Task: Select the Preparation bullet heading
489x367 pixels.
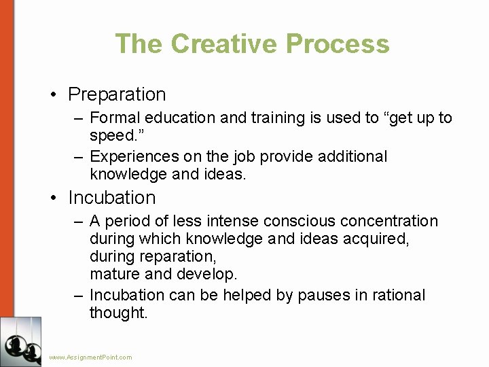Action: (117, 94)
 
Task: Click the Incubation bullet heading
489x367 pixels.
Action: (112, 198)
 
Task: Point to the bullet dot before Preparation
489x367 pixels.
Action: (54, 95)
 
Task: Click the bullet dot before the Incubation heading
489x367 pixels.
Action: (54, 198)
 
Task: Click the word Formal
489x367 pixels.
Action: (113, 118)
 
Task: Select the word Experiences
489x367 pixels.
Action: (129, 157)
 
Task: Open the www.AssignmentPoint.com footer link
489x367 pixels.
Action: (91, 357)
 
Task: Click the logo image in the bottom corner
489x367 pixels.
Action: (20, 342)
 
